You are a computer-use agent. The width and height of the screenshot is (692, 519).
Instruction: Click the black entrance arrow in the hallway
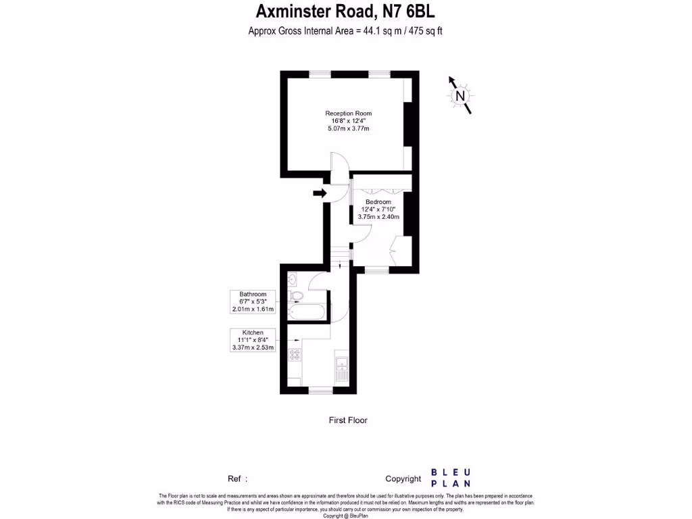tap(320, 194)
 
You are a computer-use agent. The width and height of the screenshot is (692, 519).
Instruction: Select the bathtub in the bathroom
tap(307, 313)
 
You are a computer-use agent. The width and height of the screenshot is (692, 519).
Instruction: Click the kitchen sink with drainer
tap(341, 368)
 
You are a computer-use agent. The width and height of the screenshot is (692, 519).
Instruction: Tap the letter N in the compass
tap(460, 96)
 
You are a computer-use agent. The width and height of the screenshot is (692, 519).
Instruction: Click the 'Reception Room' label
tap(348, 113)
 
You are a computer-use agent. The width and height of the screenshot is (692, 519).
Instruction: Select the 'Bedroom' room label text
tap(378, 202)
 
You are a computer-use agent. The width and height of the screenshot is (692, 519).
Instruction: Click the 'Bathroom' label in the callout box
tap(253, 294)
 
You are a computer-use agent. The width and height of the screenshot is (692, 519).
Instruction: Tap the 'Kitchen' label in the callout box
tap(253, 332)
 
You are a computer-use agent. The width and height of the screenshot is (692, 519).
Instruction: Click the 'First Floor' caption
tap(348, 420)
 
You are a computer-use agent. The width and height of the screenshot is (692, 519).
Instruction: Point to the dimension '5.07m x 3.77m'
tap(348, 128)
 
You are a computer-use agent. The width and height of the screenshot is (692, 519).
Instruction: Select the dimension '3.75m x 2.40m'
tap(378, 217)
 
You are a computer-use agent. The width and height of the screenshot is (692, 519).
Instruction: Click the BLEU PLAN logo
tap(451, 478)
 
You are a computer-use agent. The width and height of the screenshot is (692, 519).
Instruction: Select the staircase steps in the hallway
tap(342, 257)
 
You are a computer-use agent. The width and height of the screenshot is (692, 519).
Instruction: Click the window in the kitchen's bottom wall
tap(321, 390)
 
